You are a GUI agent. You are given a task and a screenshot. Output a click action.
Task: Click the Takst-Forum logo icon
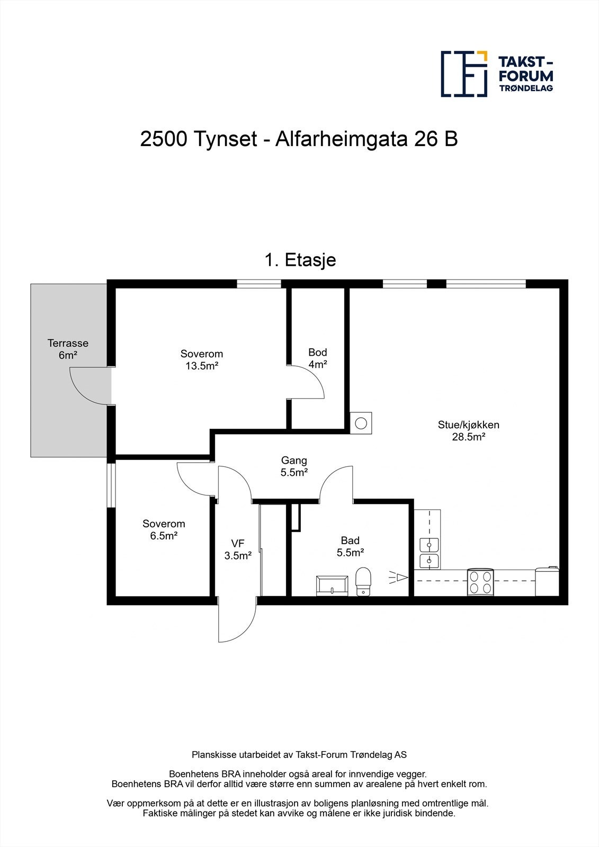[x=464, y=74]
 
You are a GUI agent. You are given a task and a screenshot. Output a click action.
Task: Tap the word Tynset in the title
[x=224, y=139]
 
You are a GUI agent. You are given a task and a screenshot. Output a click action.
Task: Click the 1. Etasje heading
[x=300, y=260]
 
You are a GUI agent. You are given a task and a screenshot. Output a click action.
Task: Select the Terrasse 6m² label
[x=68, y=349]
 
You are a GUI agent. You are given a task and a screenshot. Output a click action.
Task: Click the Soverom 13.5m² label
[x=201, y=359]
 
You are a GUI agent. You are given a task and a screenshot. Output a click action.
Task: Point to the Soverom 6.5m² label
[x=164, y=529]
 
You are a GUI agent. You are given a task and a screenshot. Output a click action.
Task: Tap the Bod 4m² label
[x=318, y=358]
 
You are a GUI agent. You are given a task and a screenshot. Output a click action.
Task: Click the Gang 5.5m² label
[x=294, y=466]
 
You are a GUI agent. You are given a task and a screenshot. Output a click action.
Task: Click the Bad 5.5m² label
[x=350, y=546]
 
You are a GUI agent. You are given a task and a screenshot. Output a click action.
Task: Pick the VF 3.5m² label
[x=237, y=549]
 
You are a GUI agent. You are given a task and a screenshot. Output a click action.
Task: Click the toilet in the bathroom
[x=363, y=582]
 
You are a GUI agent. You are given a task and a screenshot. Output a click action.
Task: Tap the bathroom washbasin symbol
[x=332, y=585]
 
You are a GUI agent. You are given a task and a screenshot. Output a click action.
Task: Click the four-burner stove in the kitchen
[x=481, y=582]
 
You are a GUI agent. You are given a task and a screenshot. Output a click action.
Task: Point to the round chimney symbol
[x=361, y=423]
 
